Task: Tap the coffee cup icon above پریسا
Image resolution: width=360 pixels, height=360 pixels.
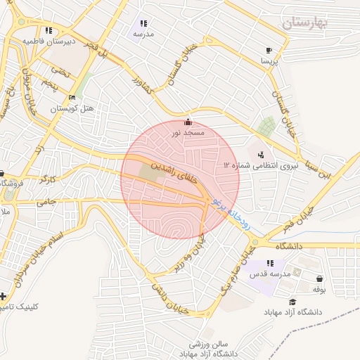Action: point(269,51)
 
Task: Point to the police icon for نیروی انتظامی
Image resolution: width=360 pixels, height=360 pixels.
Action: point(261,154)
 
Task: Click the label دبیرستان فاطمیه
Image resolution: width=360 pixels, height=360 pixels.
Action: point(48,41)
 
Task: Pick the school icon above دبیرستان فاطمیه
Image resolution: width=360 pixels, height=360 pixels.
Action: point(48,30)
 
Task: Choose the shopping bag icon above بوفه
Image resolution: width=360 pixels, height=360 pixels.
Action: point(320,278)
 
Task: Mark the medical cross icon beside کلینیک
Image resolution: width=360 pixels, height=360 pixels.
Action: point(4,296)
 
